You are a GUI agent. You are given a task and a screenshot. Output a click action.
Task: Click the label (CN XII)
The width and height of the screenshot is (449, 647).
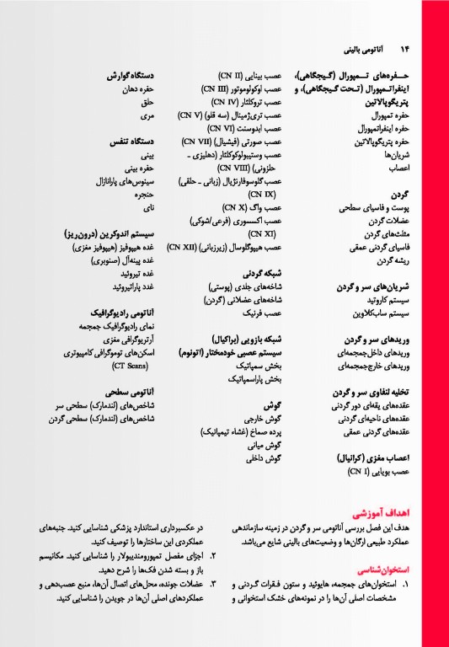184,249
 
